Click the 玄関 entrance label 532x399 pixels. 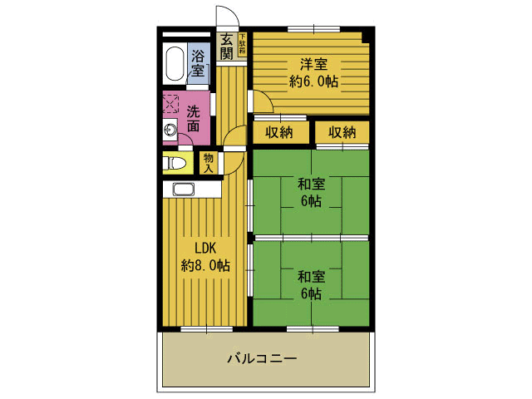click(226, 47)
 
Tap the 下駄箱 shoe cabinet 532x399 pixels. click(243, 44)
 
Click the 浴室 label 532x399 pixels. click(198, 63)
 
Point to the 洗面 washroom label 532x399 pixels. click(194, 119)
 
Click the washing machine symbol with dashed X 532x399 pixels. click(170, 103)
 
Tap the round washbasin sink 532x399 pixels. click(170, 130)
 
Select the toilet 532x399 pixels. click(175, 163)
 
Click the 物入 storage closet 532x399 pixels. click(209, 162)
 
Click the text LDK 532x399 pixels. click(205, 249)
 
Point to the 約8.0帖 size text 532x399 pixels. click(205, 266)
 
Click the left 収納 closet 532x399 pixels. click(279, 132)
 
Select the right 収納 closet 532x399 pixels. click(341, 132)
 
